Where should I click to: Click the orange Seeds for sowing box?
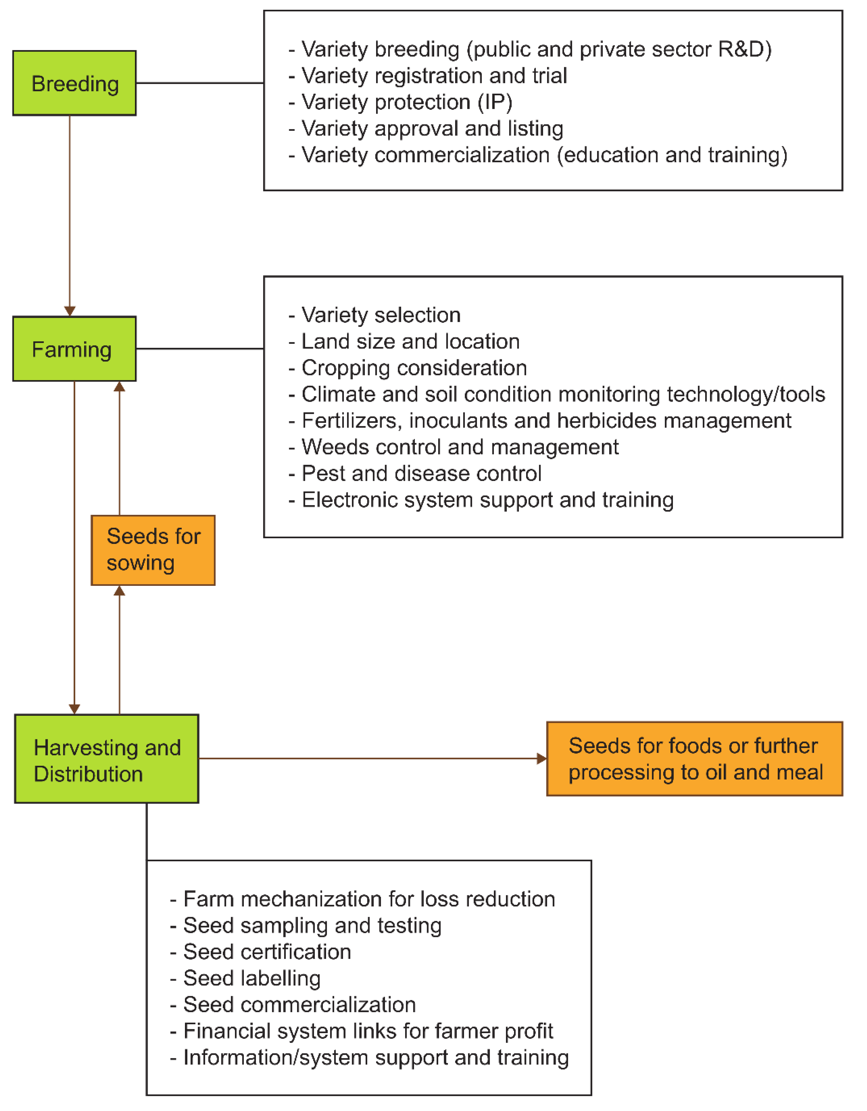click(x=153, y=550)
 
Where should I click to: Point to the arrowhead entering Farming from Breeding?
click(x=70, y=311)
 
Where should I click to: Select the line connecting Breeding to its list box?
click(x=200, y=83)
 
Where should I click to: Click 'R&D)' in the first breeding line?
click(x=745, y=49)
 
